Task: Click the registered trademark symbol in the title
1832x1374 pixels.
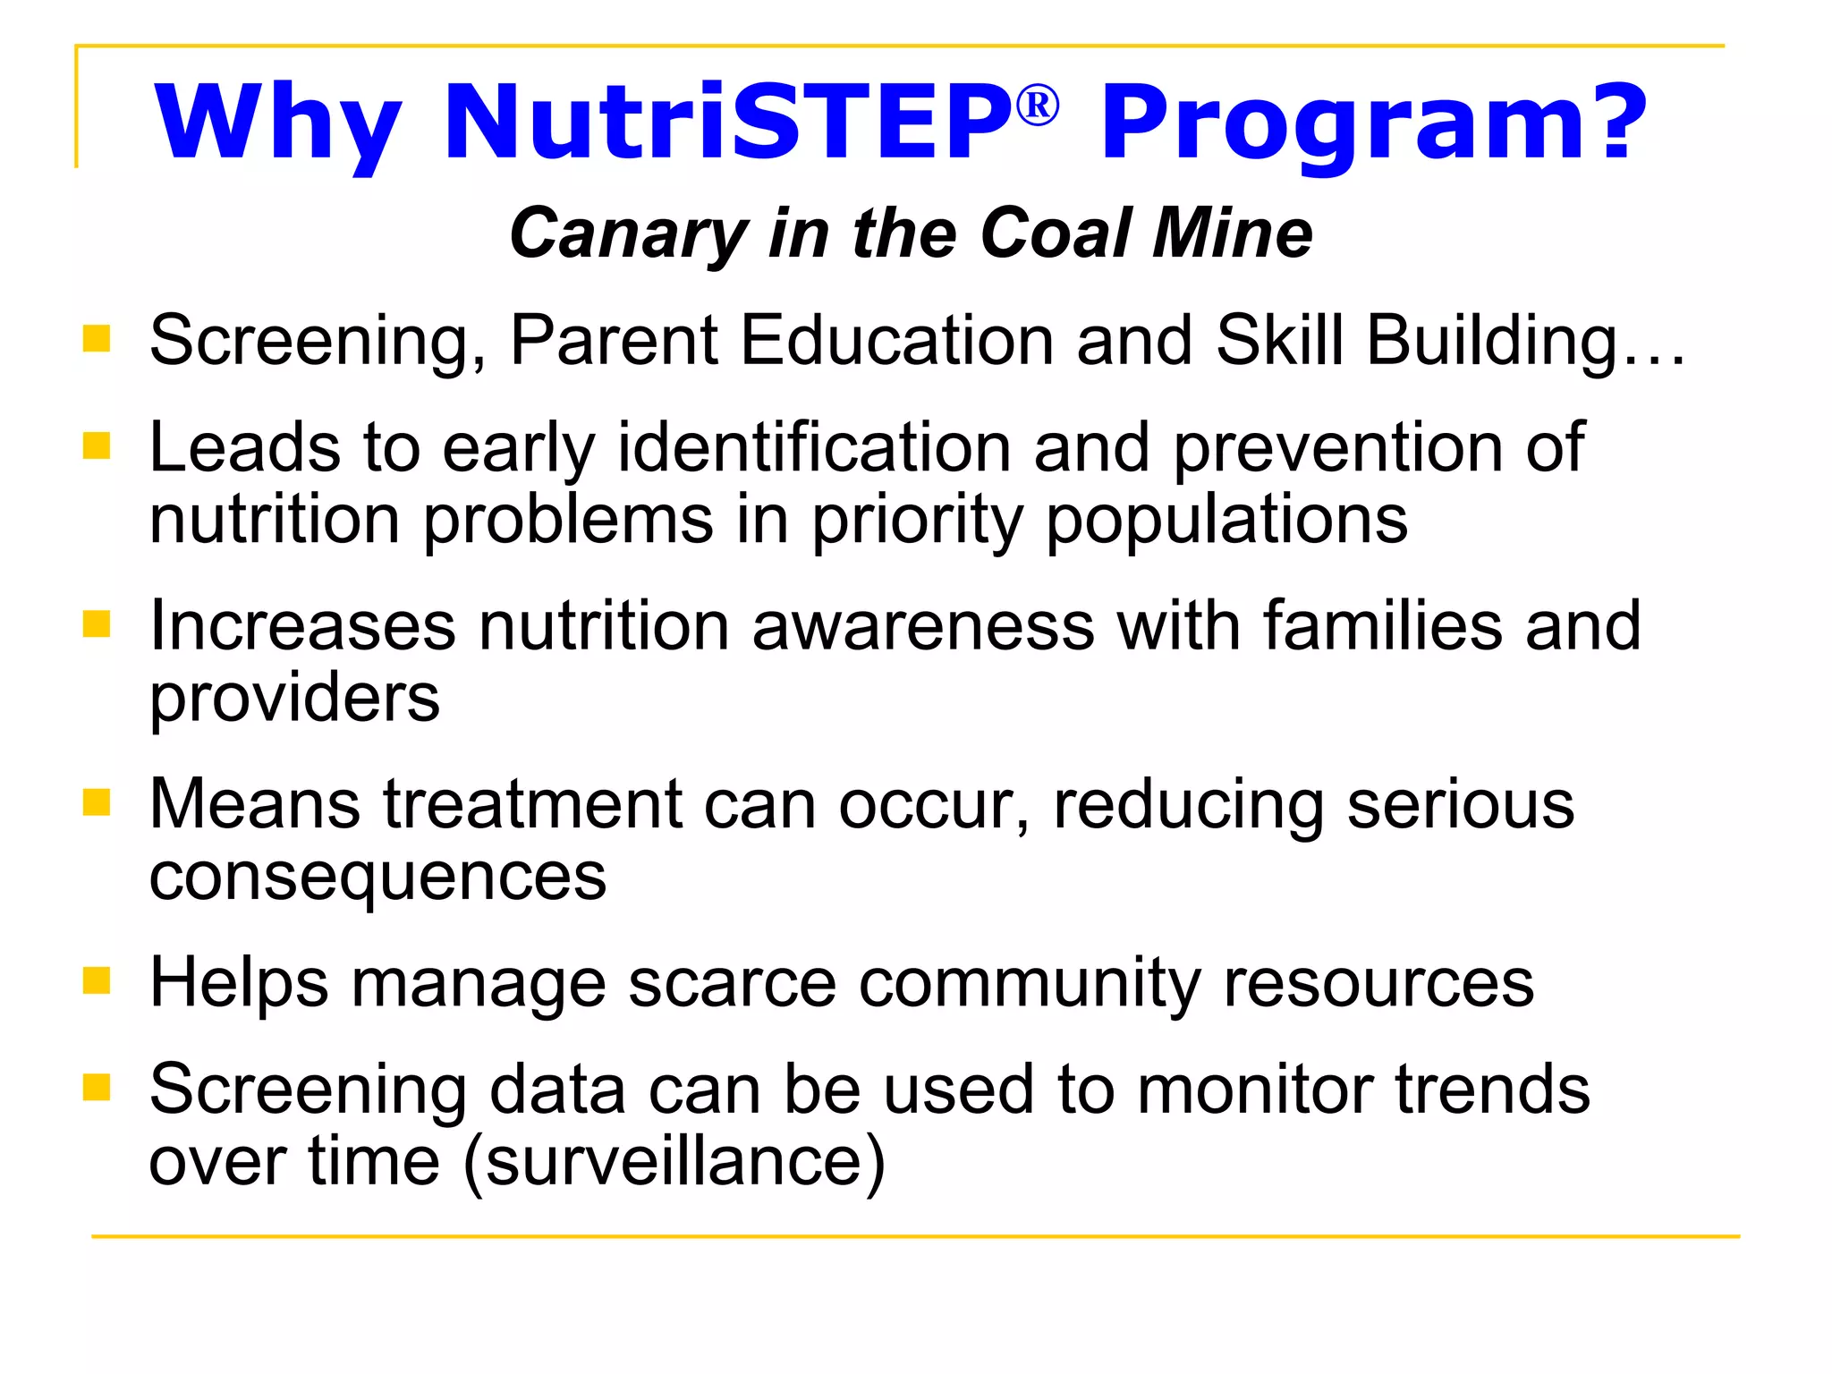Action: (1038, 106)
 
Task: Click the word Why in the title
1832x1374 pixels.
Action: (277, 123)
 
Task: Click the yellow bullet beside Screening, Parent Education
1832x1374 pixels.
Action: (96, 339)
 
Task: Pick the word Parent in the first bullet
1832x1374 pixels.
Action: (614, 341)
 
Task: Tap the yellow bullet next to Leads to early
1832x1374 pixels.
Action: (96, 445)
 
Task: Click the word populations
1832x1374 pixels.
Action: (1226, 521)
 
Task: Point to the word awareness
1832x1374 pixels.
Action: (923, 625)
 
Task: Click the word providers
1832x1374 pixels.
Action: (294, 699)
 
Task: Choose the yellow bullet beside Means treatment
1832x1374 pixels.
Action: (96, 802)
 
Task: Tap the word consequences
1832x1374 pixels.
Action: (377, 878)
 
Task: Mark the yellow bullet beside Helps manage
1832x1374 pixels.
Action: (96, 980)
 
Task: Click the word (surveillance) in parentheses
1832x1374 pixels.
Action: (674, 1162)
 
